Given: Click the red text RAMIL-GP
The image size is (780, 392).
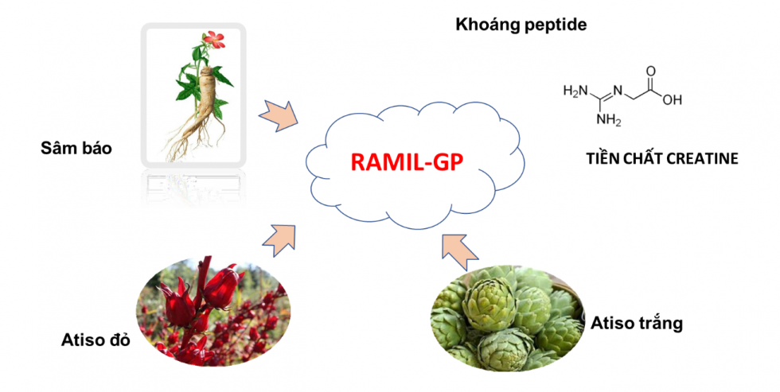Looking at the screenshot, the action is tap(407, 161).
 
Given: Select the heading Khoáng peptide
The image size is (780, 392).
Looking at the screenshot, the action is tap(521, 25).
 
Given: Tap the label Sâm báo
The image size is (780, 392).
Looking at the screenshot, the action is tap(76, 148).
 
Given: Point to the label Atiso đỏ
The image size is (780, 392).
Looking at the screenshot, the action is tap(96, 340).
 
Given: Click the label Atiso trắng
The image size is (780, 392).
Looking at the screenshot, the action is tap(637, 324).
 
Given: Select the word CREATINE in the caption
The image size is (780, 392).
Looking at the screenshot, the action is tap(702, 158).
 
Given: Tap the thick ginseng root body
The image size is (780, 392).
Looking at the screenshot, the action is tap(206, 95).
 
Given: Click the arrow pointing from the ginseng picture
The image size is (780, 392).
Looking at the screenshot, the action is tap(279, 116).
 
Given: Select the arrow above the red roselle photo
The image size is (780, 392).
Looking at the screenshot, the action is tap(279, 240).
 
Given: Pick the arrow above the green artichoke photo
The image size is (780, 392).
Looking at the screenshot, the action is tap(459, 247).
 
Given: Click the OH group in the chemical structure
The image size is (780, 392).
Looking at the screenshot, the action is tap(672, 100).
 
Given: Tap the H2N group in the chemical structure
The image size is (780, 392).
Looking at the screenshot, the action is tap(575, 91).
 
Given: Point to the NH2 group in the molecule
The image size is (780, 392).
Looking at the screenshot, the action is tap(609, 120).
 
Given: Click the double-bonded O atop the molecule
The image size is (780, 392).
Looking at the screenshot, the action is tap(651, 71).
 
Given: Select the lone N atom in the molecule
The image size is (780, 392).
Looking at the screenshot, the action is tap(618, 91).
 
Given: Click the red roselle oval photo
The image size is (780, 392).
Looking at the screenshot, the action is tap(213, 312).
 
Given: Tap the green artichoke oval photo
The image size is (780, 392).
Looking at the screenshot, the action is tap(508, 318).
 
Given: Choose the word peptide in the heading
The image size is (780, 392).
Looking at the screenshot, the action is tap(556, 25).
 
